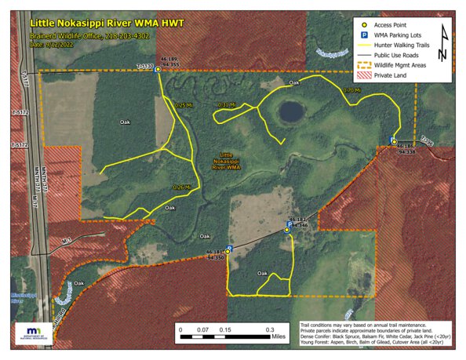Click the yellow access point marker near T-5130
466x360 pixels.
158,70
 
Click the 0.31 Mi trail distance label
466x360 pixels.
226,104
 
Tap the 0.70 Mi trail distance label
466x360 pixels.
352,91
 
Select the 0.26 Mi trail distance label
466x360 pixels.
181,187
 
